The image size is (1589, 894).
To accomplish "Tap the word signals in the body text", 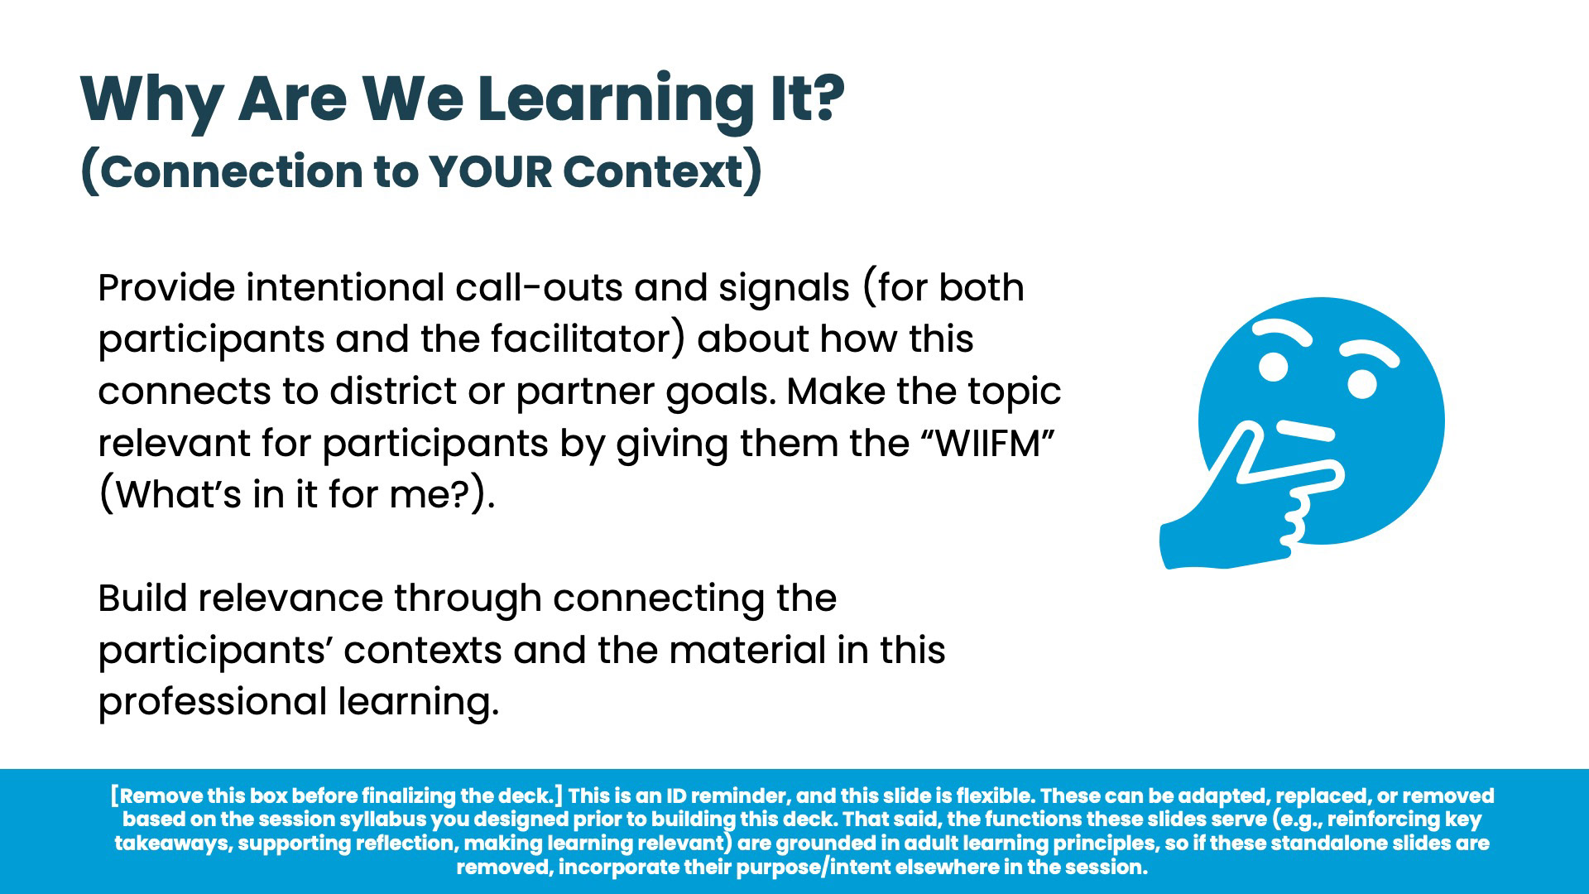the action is (784, 289).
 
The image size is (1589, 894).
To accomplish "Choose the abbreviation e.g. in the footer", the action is (1299, 820).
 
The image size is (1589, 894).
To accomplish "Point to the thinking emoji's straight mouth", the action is (1305, 430).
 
